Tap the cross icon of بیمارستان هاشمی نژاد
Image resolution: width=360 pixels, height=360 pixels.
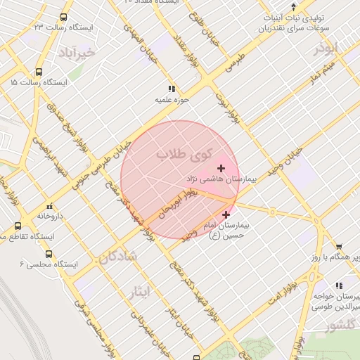tap(221, 168)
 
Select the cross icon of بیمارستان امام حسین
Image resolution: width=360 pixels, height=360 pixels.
tap(226, 215)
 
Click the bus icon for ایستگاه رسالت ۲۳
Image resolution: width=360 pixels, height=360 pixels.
tap(64, 17)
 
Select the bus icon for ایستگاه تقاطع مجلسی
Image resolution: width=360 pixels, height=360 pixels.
tap(18, 226)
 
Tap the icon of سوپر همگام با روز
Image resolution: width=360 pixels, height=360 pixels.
tap(339, 247)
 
